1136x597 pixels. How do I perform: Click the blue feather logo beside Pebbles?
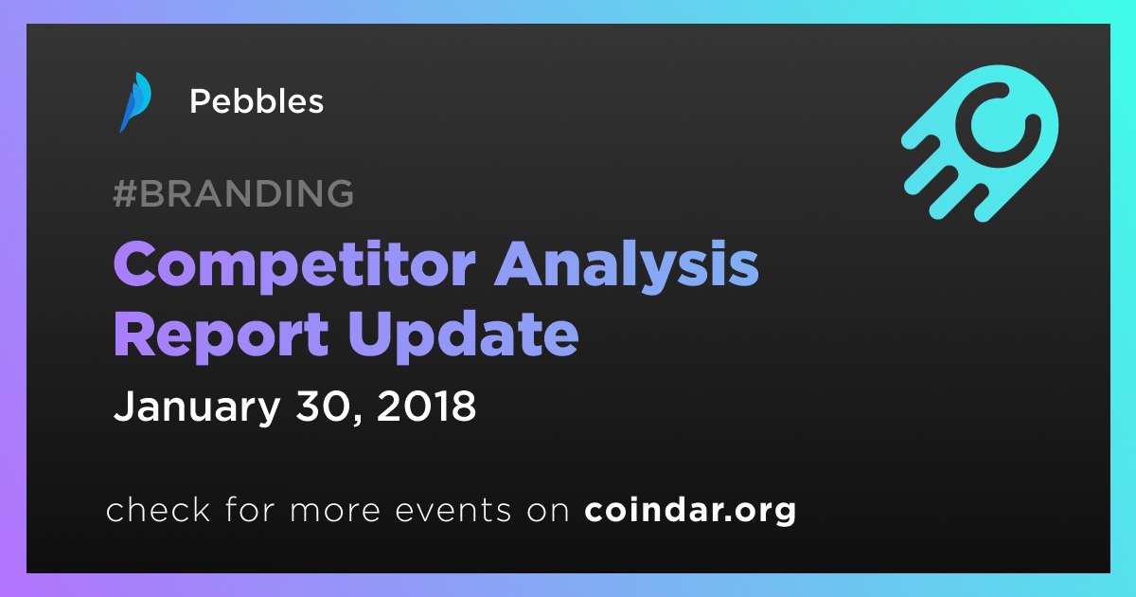point(134,101)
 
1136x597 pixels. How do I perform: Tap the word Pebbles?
point(257,101)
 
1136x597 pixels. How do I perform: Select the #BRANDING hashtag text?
point(233,193)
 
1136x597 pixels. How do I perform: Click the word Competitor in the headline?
point(294,266)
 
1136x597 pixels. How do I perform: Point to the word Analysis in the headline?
point(627,266)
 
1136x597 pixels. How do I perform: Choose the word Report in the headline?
point(222,336)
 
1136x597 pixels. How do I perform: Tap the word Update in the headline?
point(463,336)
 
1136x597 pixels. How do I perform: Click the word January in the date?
point(197,407)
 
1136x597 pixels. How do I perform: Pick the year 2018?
point(426,407)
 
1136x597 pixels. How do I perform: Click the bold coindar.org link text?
point(690,510)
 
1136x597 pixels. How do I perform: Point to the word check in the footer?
point(158,509)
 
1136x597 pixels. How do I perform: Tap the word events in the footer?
point(453,511)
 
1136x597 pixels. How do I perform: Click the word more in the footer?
point(335,512)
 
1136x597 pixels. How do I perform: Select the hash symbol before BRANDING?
point(125,193)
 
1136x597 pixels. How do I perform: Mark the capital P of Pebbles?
point(200,101)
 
